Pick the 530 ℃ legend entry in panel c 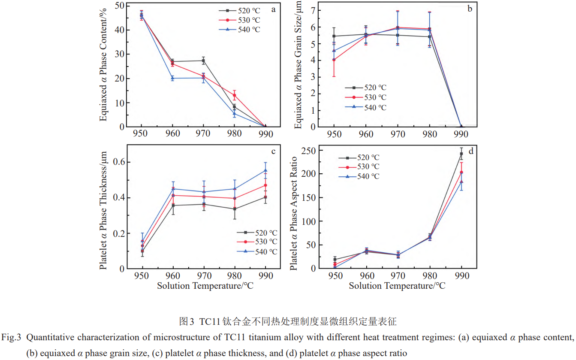tap(257, 242)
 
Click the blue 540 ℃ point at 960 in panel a tap(172, 78)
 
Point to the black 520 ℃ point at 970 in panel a tap(203, 61)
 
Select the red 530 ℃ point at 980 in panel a tap(234, 95)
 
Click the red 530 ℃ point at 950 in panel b tap(334, 60)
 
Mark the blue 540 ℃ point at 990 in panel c tap(265, 171)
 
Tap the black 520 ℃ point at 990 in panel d tap(461, 154)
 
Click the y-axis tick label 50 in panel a tap(120, 6)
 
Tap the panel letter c tap(273, 151)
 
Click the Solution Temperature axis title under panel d tap(397, 285)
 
